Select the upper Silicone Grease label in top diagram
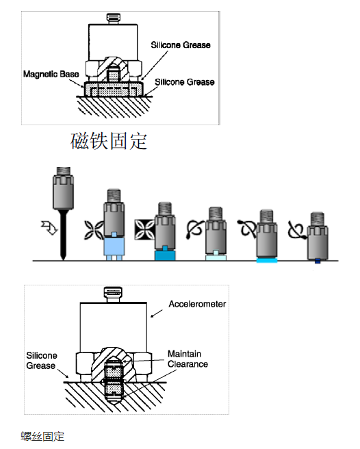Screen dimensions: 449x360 pos(181,45)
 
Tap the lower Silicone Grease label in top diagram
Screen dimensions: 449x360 pos(185,82)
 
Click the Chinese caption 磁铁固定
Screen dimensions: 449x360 pos(110,141)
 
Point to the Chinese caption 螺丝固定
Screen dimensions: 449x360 pos(42,436)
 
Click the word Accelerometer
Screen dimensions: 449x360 pos(197,304)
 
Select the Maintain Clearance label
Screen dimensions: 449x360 pos(186,359)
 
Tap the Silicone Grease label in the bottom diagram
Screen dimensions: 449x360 pos(42,361)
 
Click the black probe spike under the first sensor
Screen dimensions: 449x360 pos(62,236)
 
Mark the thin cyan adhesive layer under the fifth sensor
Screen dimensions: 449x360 pos(266,261)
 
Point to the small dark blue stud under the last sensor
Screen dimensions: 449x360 pos(316,260)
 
